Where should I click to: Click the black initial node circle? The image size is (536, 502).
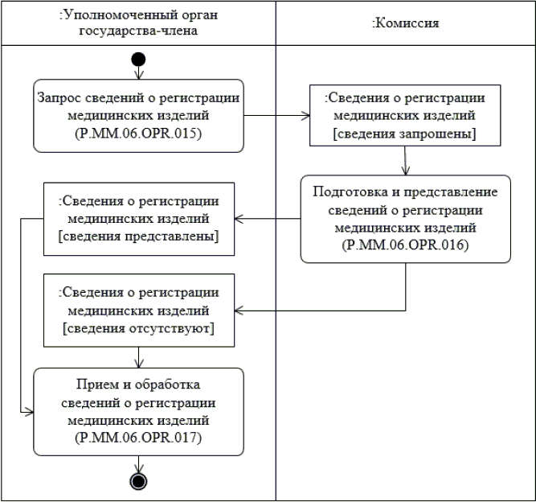(x=139, y=59)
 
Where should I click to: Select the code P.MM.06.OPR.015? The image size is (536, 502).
(x=138, y=134)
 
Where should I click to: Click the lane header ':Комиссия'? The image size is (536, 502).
(x=405, y=23)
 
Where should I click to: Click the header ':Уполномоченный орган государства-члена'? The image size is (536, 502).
(x=138, y=23)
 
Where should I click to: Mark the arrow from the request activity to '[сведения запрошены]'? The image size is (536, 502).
(x=276, y=115)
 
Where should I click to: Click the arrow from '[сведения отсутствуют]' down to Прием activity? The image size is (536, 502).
(x=140, y=357)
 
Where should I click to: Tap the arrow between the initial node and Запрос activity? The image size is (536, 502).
(x=139, y=72)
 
